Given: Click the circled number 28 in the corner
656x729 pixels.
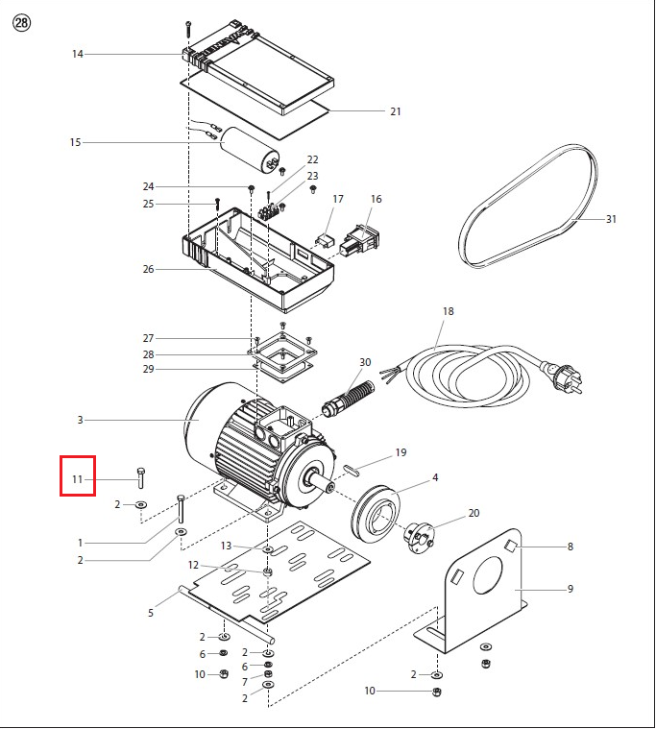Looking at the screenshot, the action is (21, 23).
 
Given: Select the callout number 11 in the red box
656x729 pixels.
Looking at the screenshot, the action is (77, 479).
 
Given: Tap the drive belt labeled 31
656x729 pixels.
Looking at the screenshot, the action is (527, 207).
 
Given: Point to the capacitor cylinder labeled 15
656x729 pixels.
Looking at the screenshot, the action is (251, 151).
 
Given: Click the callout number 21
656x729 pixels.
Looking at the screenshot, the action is (395, 111).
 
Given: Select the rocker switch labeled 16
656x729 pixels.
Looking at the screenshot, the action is (359, 240).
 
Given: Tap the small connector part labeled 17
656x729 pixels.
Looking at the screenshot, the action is (324, 242).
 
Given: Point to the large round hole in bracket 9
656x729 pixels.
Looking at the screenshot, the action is (488, 575).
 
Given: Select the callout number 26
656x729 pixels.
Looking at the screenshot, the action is (148, 269).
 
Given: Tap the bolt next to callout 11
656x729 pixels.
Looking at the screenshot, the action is (141, 477).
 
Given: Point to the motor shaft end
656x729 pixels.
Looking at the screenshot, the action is (330, 488).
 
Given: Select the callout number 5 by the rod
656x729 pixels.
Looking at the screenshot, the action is (151, 613).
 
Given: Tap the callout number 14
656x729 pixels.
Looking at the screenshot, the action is (77, 54).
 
